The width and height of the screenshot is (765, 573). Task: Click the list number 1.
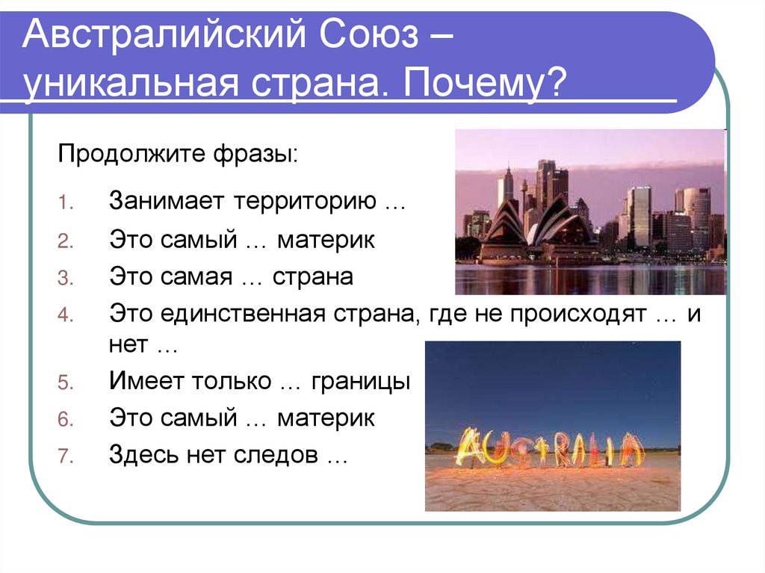pyautogui.click(x=64, y=203)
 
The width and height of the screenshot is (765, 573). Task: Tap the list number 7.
pyautogui.click(x=64, y=456)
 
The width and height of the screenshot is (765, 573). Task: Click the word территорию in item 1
pyautogui.click(x=307, y=202)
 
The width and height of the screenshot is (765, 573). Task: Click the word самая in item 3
pyautogui.click(x=195, y=276)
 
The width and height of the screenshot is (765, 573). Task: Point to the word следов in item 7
pyautogui.click(x=281, y=454)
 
